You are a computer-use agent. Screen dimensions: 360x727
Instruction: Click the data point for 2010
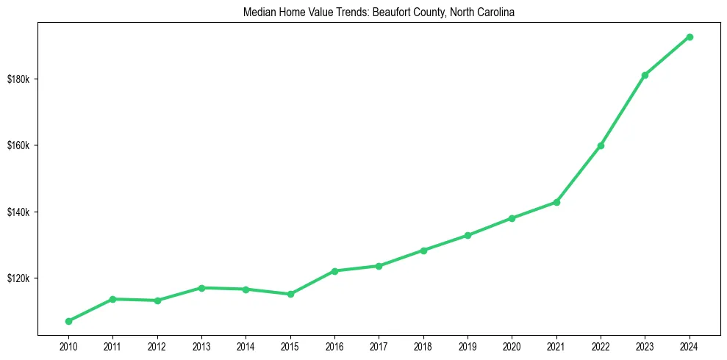68,321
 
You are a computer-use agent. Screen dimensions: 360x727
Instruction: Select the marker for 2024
690,37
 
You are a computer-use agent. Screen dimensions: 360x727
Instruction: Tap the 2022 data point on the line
601,145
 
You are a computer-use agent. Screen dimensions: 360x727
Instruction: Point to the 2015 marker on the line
290,294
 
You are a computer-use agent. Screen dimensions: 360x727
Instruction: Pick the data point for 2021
556,202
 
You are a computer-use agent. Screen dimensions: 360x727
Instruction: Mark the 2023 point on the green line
645,75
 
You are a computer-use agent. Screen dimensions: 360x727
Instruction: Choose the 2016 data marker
334,271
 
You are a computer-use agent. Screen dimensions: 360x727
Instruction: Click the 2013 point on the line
201,288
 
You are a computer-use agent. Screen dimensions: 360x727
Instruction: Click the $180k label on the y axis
18,79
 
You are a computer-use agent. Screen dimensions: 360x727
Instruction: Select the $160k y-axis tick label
18,145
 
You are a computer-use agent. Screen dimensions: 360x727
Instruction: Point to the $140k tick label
18,212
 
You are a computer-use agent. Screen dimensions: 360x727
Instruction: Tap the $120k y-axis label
18,278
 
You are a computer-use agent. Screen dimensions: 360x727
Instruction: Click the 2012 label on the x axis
157,345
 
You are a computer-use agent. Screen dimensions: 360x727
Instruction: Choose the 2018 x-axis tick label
423,345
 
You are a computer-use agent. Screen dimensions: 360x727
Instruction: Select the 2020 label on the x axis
512,345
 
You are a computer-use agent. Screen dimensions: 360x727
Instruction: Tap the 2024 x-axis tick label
690,345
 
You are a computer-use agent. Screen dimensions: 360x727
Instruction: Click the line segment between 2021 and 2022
579,174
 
